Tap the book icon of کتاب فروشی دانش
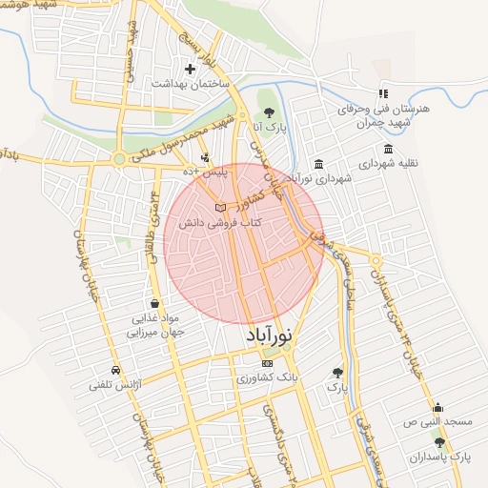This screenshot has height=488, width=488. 220,207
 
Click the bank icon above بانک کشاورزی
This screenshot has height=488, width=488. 267,363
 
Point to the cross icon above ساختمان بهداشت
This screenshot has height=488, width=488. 191,69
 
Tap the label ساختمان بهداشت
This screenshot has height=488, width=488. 191,84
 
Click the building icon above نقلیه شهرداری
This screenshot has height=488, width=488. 387,149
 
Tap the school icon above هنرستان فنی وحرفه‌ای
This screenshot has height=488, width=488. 382,93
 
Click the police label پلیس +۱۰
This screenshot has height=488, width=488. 206,172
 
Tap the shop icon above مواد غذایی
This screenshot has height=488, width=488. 154,303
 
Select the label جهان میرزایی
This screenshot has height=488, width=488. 154,334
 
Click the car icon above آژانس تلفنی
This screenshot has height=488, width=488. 115,370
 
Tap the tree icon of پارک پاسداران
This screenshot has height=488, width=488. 439,442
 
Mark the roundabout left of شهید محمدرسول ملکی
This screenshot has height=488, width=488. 120,159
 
